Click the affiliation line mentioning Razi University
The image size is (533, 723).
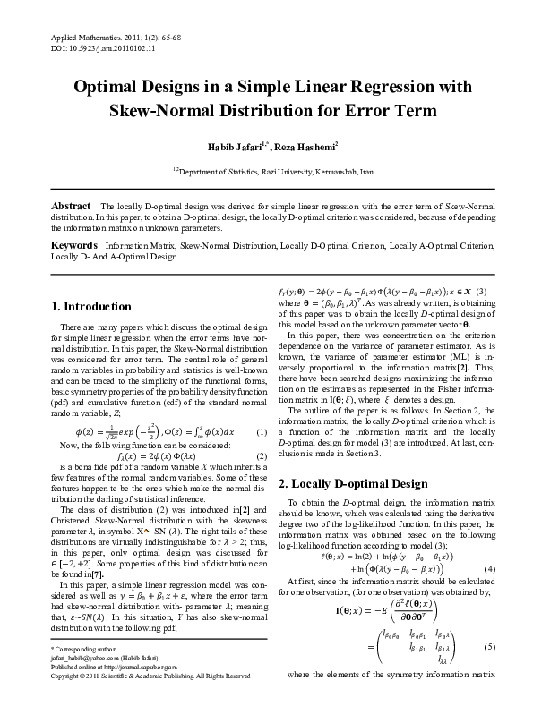click(267, 168)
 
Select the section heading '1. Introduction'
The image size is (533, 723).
click(92, 306)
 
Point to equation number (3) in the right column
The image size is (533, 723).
click(481, 292)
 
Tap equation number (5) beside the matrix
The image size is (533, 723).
click(489, 671)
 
